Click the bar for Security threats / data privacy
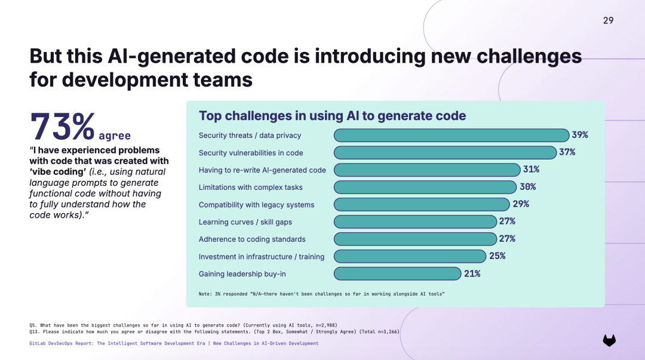(451, 136)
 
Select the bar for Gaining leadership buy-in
(397, 273)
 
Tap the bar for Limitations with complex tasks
(425, 187)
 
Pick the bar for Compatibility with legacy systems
(422, 205)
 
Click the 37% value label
(567, 152)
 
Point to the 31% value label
(531, 170)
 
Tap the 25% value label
(497, 256)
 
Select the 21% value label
(472, 273)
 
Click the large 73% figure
(63, 127)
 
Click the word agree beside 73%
(115, 136)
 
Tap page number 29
(609, 20)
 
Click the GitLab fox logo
(609, 340)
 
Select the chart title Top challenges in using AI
(333, 116)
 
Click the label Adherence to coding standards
(252, 239)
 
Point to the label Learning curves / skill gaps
(245, 222)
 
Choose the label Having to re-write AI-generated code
(262, 170)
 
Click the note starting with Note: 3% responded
(322, 294)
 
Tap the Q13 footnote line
(214, 331)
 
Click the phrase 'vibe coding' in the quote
(57, 171)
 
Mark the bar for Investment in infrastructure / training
(410, 256)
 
